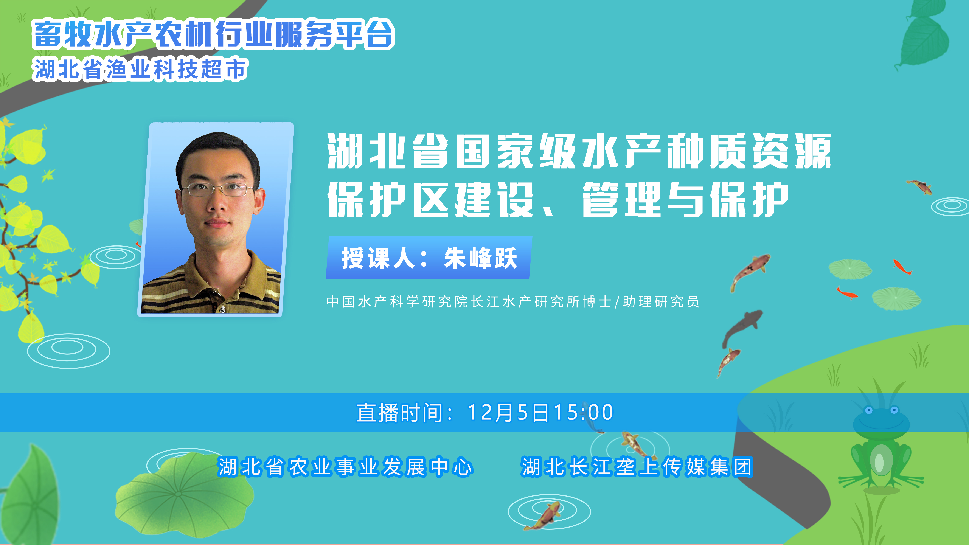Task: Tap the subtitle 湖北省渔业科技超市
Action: (140, 69)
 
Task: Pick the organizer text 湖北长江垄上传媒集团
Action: (637, 467)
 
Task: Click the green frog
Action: (880, 448)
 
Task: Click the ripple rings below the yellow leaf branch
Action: (68, 351)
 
